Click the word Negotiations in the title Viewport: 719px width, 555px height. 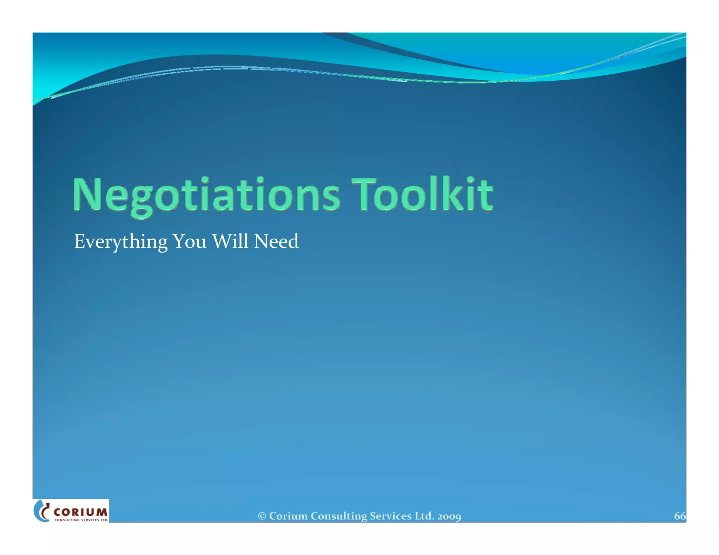206,195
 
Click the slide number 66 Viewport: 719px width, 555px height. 679,516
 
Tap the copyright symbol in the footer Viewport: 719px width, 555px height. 262,516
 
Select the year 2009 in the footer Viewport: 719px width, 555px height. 449,516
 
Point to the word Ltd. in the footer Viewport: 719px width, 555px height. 425,516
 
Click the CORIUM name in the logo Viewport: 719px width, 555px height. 81,512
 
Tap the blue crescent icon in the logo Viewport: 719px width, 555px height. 40,511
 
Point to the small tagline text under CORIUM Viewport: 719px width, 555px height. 81,520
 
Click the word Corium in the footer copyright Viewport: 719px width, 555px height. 288,516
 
